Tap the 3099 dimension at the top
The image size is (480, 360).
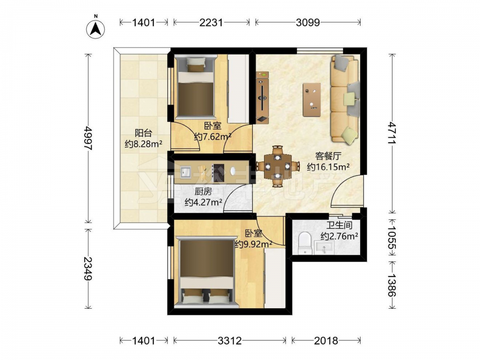[x=308, y=23]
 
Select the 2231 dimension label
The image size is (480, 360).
[x=211, y=23]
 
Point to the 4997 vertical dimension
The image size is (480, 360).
[x=88, y=138]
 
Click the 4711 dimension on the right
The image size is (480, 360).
[x=392, y=133]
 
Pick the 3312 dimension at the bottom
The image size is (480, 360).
[x=230, y=340]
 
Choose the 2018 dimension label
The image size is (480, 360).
[x=326, y=340]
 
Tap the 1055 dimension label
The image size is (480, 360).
[x=392, y=238]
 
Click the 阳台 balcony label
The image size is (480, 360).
[x=144, y=133]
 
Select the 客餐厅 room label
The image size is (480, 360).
[x=328, y=156]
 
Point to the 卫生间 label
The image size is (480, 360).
[x=339, y=226]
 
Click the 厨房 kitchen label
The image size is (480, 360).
[x=203, y=192]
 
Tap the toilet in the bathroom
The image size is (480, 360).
[x=304, y=243]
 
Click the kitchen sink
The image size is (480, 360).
[x=185, y=172]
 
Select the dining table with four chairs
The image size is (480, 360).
[x=277, y=167]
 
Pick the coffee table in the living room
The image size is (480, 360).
[x=312, y=100]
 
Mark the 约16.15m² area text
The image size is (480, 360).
[x=328, y=167]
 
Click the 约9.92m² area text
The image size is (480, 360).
[x=254, y=244]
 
